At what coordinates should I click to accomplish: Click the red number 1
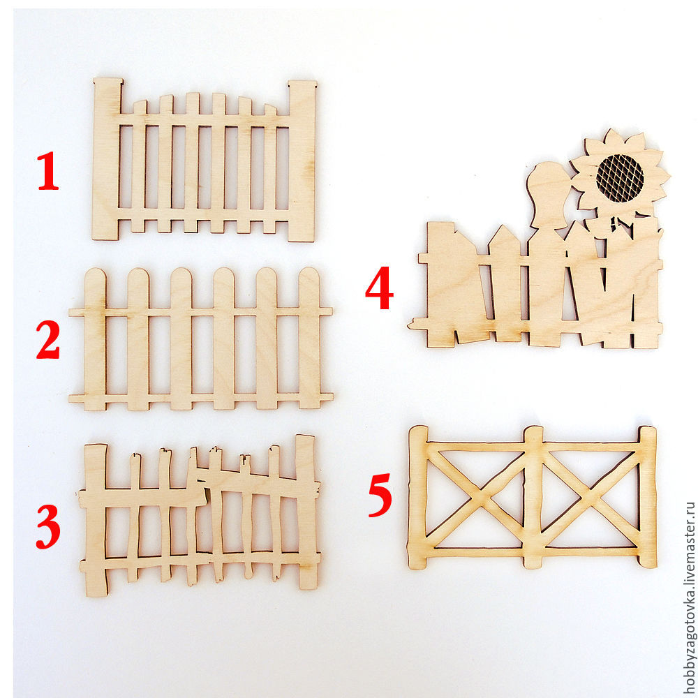tap(47, 170)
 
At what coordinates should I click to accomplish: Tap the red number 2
tap(48, 340)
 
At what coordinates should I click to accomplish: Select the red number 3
tap(48, 526)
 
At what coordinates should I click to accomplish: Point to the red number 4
tap(379, 288)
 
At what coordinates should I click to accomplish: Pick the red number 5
tap(380, 495)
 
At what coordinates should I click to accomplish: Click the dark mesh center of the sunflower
tap(620, 177)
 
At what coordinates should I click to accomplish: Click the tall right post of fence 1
tap(302, 161)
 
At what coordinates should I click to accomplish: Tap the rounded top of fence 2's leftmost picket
tap(95, 279)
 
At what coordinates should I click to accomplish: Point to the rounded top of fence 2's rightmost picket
tap(309, 279)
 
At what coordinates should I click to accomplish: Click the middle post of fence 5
tap(533, 497)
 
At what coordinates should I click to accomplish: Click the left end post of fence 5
tap(417, 497)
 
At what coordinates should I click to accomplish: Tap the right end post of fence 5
tap(648, 497)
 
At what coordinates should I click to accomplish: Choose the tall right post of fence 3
tap(306, 512)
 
